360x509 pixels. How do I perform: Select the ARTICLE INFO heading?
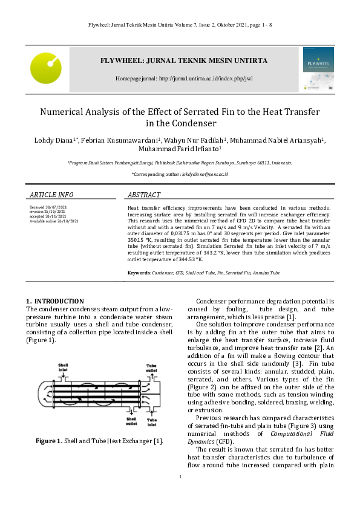click(x=51, y=195)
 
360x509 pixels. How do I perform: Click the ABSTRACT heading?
click(x=143, y=195)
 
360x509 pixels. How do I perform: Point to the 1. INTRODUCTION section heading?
click(x=55, y=301)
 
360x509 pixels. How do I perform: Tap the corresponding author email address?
click(x=205, y=174)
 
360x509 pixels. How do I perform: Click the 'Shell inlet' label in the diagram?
click(x=64, y=368)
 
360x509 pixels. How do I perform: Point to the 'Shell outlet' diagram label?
click(x=131, y=420)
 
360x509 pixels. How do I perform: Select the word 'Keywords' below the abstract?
click(x=139, y=273)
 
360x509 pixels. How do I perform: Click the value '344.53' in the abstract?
click(x=187, y=259)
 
